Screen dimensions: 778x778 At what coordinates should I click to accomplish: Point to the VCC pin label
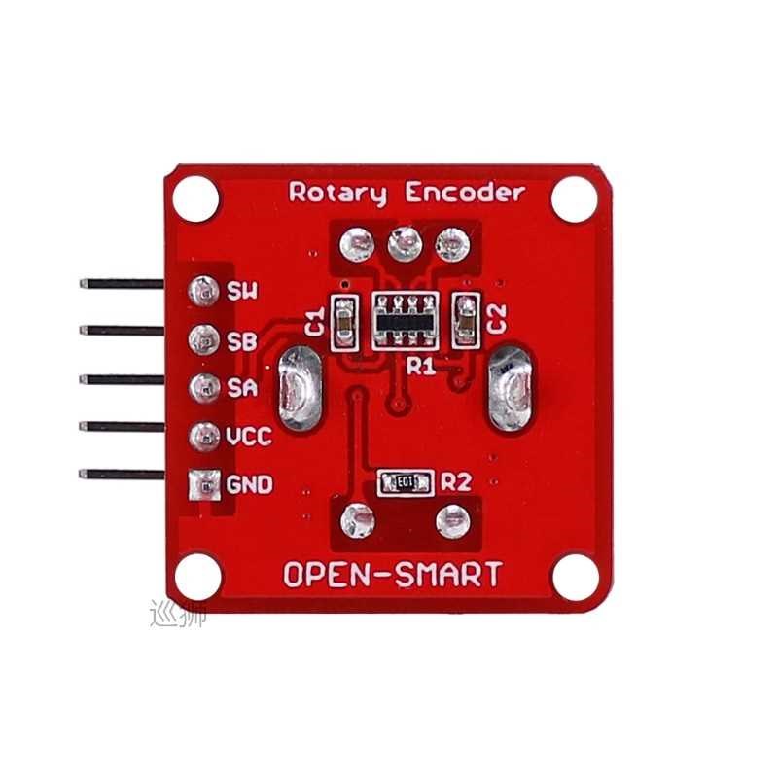click(248, 436)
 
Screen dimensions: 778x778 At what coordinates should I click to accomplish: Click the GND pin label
click(249, 483)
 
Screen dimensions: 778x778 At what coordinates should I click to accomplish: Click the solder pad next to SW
click(203, 289)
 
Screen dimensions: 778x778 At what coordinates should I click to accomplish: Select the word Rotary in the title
click(337, 193)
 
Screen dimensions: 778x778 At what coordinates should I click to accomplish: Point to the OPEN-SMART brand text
click(393, 575)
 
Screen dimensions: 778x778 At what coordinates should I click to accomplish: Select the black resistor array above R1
click(405, 318)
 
